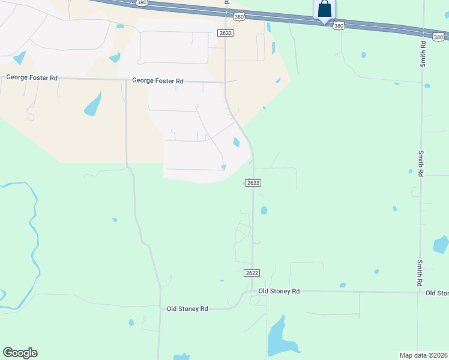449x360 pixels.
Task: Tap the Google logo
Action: tap(20, 353)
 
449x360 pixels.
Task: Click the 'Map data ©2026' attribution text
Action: tap(424, 355)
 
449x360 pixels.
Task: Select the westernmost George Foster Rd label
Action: tap(32, 78)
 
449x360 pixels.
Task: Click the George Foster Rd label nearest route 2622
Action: tap(157, 80)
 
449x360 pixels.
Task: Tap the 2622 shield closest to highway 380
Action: tap(225, 34)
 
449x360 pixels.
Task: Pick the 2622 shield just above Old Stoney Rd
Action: tap(252, 273)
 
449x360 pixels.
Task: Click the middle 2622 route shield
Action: tap(253, 183)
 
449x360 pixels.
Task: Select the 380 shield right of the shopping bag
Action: tap(339, 26)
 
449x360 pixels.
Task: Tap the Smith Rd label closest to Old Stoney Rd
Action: tap(420, 272)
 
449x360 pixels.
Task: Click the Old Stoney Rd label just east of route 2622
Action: tap(279, 291)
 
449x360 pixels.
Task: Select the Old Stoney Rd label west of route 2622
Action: tap(187, 308)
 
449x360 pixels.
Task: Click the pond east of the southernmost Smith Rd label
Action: tap(441, 244)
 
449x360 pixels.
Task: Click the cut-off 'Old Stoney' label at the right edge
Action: tap(437, 293)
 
